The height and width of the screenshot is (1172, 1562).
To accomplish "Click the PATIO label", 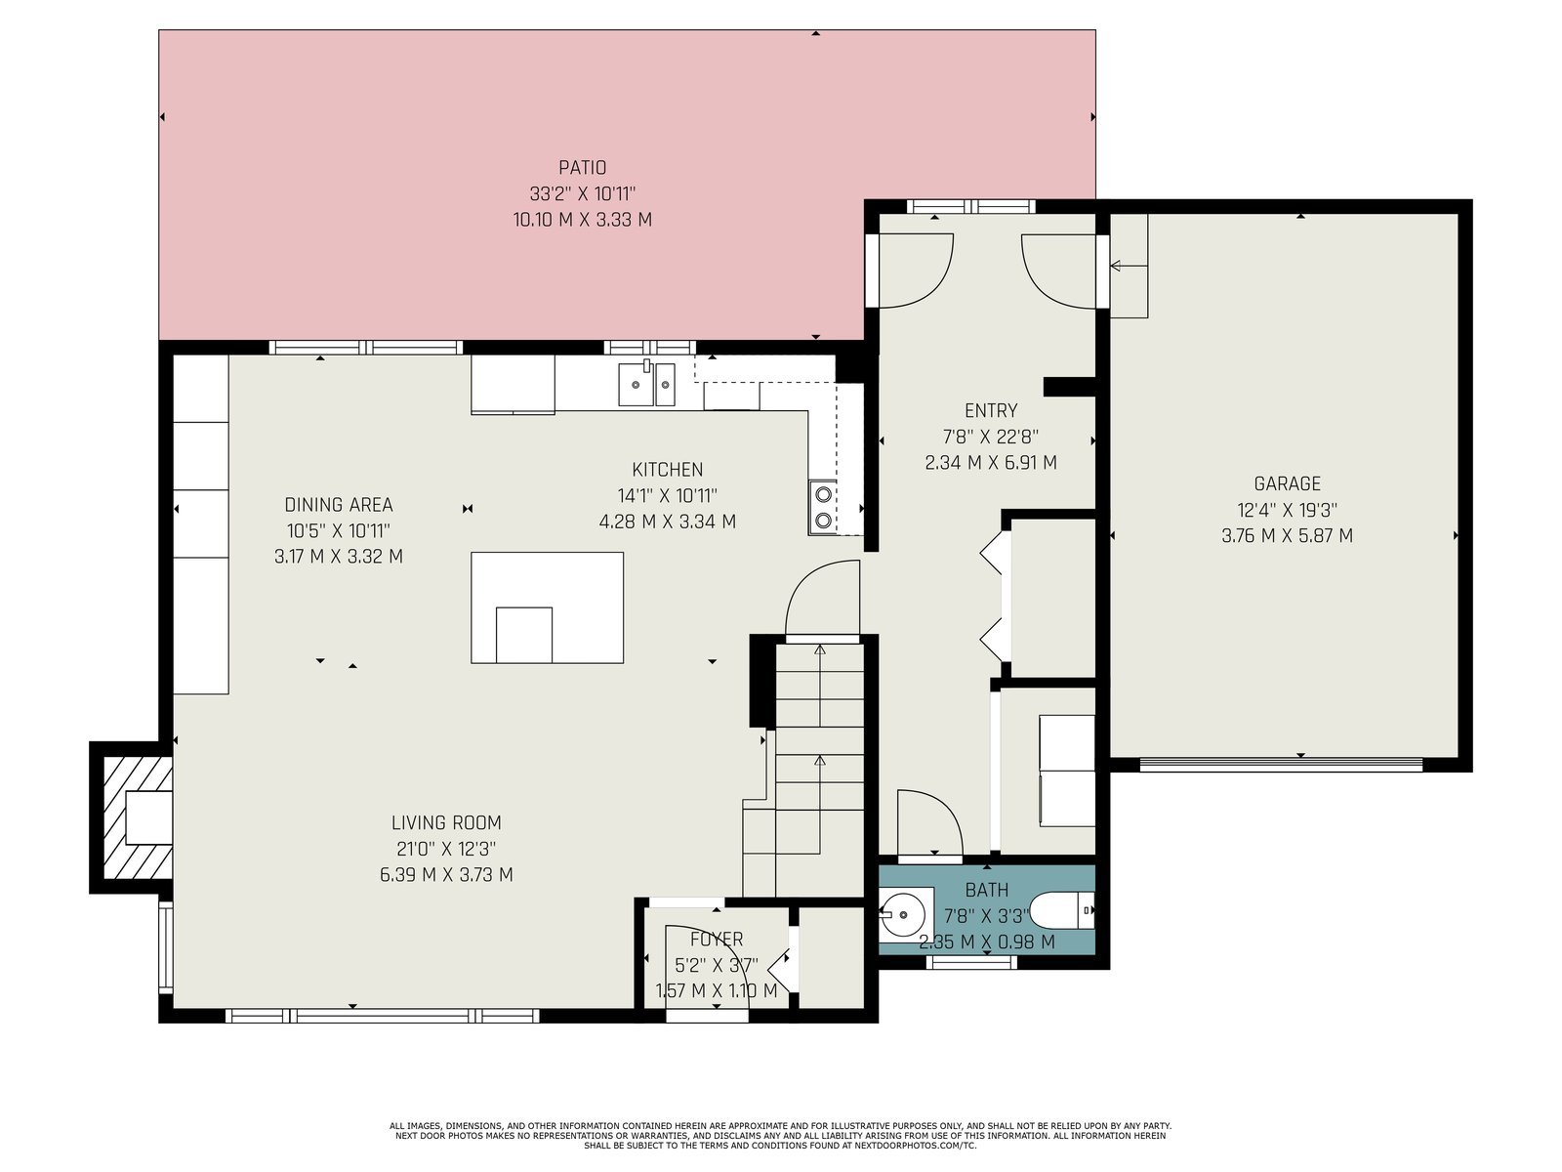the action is pos(582,168).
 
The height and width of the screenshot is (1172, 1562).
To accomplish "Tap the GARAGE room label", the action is pos(1287,483).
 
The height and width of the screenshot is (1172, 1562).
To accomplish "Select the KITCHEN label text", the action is pos(667,470).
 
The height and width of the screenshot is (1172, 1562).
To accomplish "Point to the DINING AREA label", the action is pos(338,505).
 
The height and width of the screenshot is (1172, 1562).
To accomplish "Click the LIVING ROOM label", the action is pos(446,822).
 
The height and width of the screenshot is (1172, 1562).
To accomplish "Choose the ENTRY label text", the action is pos(991,410).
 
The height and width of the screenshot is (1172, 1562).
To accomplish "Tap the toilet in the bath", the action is pos(1062,911).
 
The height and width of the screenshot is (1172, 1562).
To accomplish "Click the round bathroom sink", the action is pos(904,911).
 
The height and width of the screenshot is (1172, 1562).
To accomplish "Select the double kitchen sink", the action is pos(646,384).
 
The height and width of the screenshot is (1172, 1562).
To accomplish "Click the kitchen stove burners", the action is pos(823,507).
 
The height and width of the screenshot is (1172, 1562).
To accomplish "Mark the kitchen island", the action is pos(548,607).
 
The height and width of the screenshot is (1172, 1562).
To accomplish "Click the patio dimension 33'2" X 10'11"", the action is pos(582,193).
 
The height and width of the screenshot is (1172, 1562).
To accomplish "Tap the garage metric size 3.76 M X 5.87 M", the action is pos(1287,536).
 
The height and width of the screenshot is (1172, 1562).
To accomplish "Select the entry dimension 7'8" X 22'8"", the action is pos(991,437).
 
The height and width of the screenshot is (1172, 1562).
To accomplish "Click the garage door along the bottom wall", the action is pos(1281,765).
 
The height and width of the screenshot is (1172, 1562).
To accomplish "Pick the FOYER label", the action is pos(716,940).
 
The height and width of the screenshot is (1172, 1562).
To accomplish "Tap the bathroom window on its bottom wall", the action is pos(970,963).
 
